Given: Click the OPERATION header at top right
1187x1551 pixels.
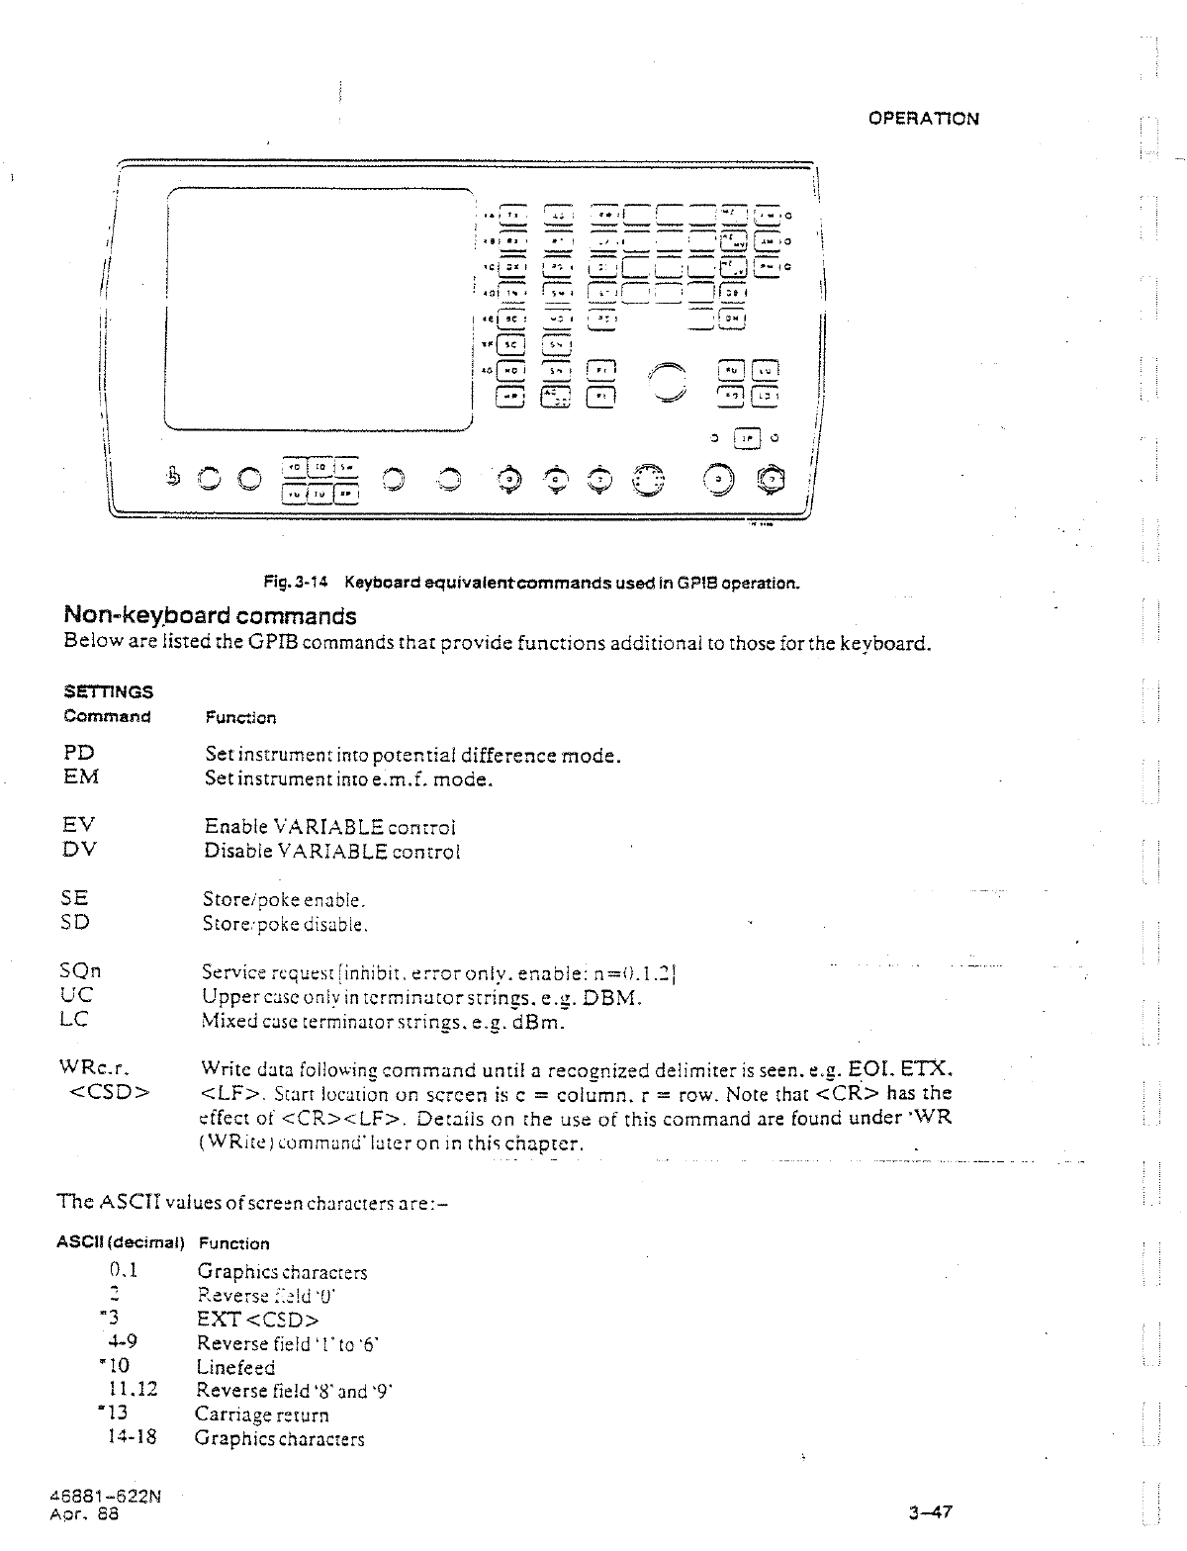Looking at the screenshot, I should [x=923, y=119].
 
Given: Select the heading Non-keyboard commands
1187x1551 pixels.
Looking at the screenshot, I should [x=210, y=616].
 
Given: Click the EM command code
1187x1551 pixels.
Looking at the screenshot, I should [x=80, y=777].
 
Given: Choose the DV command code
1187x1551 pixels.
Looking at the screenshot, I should [x=79, y=850].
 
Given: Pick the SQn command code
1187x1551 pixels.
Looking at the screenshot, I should [x=82, y=971].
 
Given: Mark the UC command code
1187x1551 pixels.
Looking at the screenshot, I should [x=77, y=995].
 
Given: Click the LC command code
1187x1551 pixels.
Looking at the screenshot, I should [x=76, y=1020].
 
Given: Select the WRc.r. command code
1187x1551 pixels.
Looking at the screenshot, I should [x=95, y=1068].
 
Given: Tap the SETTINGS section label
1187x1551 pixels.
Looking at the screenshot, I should [x=109, y=691].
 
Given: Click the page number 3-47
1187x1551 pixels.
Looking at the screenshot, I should [x=930, y=1512].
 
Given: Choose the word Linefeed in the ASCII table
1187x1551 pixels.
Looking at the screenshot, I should [x=235, y=1367].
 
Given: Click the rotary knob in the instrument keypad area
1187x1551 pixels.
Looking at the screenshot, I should [x=668, y=381].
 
